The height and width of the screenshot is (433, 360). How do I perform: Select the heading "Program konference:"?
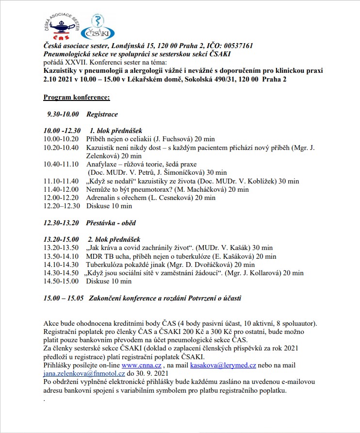tap(77, 98)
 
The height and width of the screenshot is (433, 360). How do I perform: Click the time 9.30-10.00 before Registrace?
tap(63, 115)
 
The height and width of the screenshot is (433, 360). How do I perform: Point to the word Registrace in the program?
tap(102, 115)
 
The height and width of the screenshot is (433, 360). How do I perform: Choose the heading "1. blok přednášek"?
tap(115, 131)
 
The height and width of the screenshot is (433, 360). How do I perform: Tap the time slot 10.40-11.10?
tap(61, 164)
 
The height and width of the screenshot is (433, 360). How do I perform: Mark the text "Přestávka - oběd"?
tap(111, 223)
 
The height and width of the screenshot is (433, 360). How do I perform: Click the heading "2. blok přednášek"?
tap(114, 239)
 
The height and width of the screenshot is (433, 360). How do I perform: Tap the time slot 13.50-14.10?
tap(61, 256)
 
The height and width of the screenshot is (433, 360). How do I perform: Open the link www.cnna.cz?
tap(141, 365)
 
